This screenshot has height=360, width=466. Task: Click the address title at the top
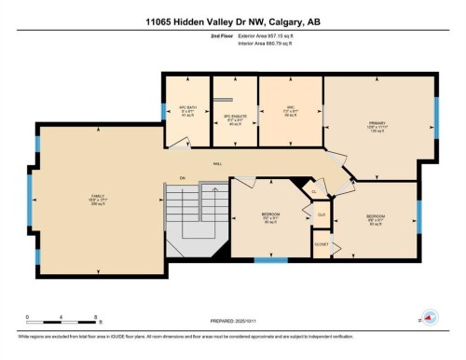232,21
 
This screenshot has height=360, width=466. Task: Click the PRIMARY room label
377,124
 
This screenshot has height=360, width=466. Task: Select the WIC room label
290,109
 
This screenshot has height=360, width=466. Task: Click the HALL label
218,163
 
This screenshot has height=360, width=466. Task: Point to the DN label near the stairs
184,177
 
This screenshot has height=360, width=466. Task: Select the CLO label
321,215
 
